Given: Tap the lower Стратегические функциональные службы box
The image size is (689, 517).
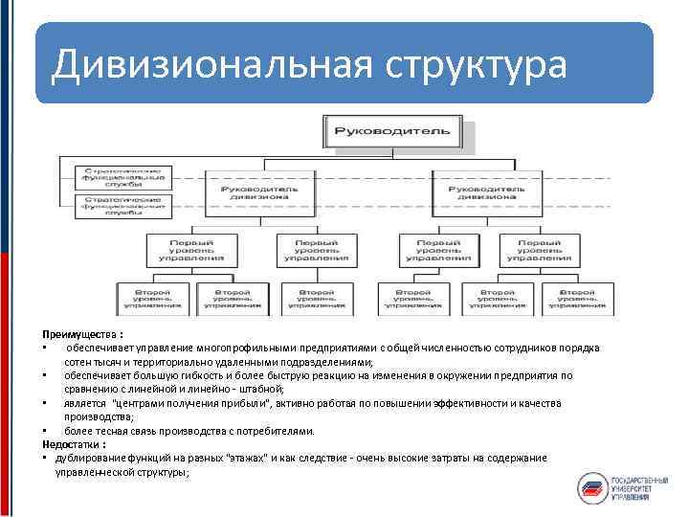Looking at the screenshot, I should pyautogui.click(x=122, y=206).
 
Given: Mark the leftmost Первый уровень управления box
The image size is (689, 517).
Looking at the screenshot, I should pyautogui.click(x=186, y=250).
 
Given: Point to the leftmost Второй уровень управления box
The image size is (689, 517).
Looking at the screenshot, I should pyautogui.click(x=152, y=297).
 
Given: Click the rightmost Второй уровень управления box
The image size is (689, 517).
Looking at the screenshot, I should pyautogui.click(x=580, y=297).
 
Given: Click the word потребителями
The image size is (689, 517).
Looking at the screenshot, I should pyautogui.click(x=275, y=431).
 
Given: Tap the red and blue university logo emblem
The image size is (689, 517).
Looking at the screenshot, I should pyautogui.click(x=593, y=485).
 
